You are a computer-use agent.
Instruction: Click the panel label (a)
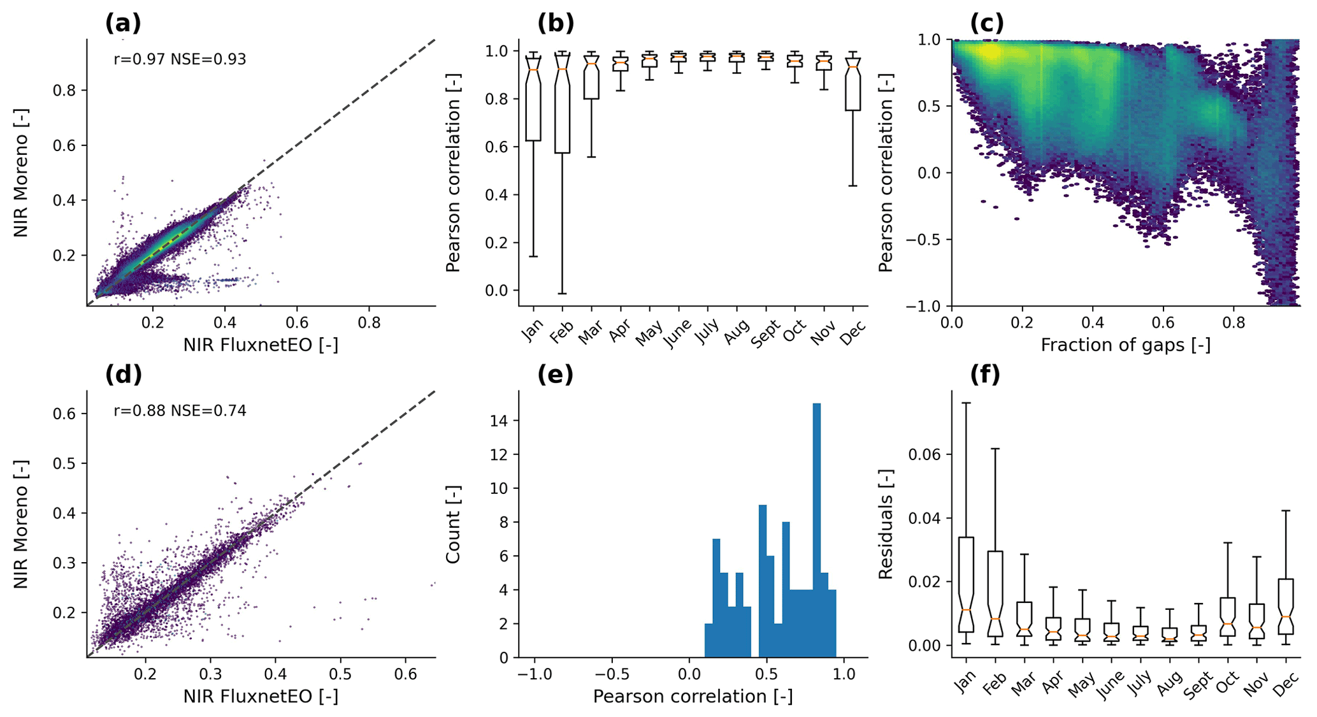pos(123,23)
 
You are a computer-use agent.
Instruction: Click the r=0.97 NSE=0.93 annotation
pos(180,59)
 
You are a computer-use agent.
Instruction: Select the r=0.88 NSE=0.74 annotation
pos(180,410)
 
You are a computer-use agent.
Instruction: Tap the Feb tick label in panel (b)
pos(561,332)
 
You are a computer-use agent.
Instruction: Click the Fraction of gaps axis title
pos(1125,345)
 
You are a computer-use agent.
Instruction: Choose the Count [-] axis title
pos(453,524)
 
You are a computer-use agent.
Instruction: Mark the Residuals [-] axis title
pos(886,524)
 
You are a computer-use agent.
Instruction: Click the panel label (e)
pos(556,375)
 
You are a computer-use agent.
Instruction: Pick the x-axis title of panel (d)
pos(261,697)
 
